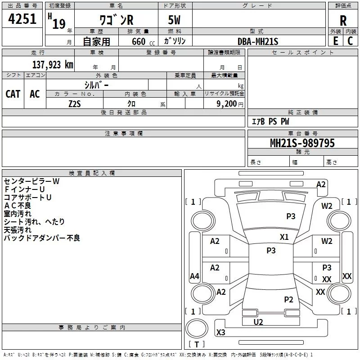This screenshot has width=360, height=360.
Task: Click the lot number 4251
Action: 22,20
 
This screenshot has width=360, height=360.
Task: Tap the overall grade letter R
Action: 343,20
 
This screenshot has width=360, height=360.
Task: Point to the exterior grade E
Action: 335,41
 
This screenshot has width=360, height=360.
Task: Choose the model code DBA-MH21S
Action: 258,41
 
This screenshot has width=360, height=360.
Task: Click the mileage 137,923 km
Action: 52,64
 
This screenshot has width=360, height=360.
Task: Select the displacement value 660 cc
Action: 135,42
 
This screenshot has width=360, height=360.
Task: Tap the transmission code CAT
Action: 13,94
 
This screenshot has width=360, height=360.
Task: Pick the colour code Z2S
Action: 74,103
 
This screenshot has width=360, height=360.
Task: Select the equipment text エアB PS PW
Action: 270,121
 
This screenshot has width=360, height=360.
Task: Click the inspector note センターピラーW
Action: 31,181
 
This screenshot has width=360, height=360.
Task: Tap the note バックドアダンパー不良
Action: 42,238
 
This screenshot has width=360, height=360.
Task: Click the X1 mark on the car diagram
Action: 284,237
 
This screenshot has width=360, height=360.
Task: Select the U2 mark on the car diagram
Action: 258,322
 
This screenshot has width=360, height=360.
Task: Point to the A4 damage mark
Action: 194,276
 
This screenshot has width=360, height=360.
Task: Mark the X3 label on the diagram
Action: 220,333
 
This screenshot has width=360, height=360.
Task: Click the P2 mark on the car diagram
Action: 288,299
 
